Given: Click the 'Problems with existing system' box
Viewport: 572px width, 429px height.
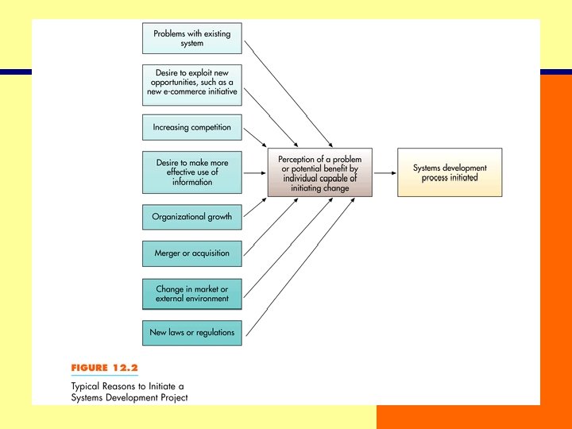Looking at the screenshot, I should point(191,38).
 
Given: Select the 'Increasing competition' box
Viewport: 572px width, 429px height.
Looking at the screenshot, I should point(191,127).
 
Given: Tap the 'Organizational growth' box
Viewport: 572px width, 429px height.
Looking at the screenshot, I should point(191,217).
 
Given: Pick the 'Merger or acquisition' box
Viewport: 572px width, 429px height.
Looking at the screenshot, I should point(191,253).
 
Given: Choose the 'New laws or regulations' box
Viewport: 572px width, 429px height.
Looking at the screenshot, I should point(191,332).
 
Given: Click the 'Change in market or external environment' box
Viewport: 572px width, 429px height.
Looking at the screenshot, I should point(191,294).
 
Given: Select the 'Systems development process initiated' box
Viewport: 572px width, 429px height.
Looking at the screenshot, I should point(450,172).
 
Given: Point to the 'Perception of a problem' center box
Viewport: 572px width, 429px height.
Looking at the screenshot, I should point(319,173).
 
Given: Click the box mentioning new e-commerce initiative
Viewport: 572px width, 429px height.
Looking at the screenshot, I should point(191,83).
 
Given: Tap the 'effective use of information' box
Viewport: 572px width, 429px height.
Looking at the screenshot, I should point(191,172).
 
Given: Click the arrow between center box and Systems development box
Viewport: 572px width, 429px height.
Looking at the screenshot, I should point(385,173).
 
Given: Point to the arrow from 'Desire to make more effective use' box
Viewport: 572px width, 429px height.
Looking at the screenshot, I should point(254,172).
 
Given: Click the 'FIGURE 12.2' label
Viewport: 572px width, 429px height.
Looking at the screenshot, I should point(105,368).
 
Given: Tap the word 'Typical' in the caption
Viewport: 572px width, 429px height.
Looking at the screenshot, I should point(88,385).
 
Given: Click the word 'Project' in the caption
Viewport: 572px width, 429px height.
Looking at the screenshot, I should point(172,397).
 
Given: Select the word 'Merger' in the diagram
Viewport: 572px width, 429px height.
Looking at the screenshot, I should point(170,253).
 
